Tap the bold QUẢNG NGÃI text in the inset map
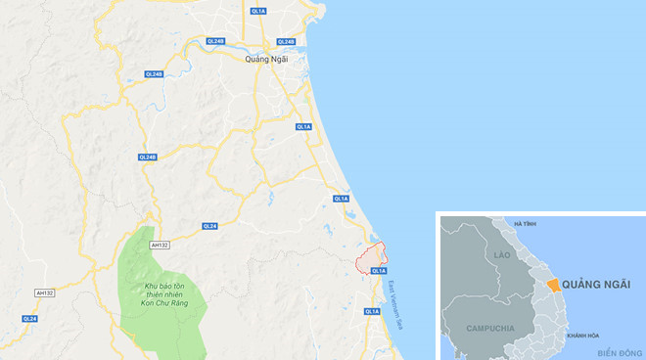[598, 284]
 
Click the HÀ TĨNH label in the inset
[525, 225]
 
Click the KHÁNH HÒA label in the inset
[580, 336]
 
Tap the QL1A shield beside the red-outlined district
[380, 270]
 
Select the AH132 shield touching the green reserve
[160, 246]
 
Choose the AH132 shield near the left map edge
[45, 292]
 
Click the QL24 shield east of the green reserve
[209, 226]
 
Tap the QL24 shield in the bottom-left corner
[29, 319]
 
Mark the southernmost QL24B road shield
[148, 157]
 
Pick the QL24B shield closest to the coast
[286, 42]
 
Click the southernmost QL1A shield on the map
[372, 311]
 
